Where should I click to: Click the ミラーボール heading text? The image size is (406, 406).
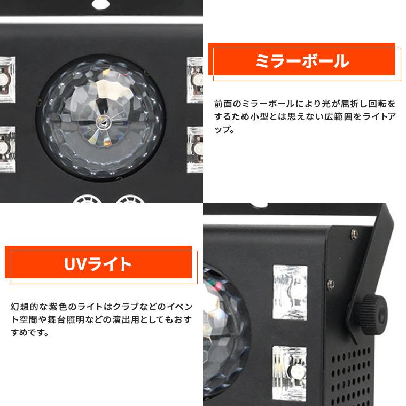click(x=302, y=61)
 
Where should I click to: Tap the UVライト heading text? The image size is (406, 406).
click(x=98, y=264)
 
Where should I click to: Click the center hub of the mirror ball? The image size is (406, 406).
click(x=101, y=122)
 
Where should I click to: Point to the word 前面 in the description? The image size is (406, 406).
click(x=220, y=103)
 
